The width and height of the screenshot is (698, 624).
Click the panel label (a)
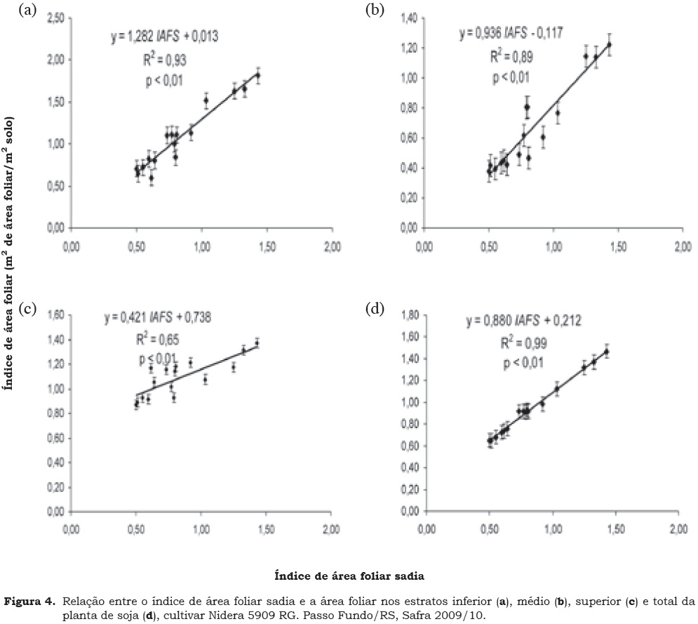29,10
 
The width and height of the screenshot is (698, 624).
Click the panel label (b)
376,10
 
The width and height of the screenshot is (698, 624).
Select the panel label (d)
376,310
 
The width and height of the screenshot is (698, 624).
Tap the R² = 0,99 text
520,343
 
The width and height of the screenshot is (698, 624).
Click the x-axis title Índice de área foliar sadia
348,575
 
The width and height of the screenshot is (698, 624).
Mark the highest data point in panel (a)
258,75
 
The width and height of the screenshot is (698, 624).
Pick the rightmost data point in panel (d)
606,352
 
